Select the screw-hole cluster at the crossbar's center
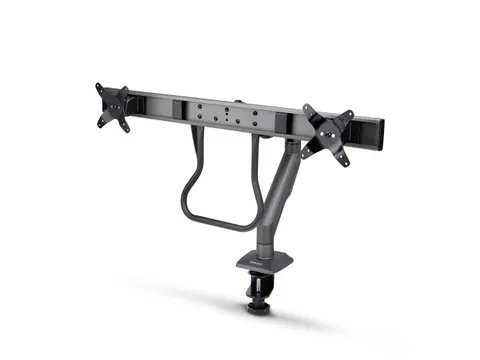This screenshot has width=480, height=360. point(236,113)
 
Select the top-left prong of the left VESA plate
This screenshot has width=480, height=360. point(100,88)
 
